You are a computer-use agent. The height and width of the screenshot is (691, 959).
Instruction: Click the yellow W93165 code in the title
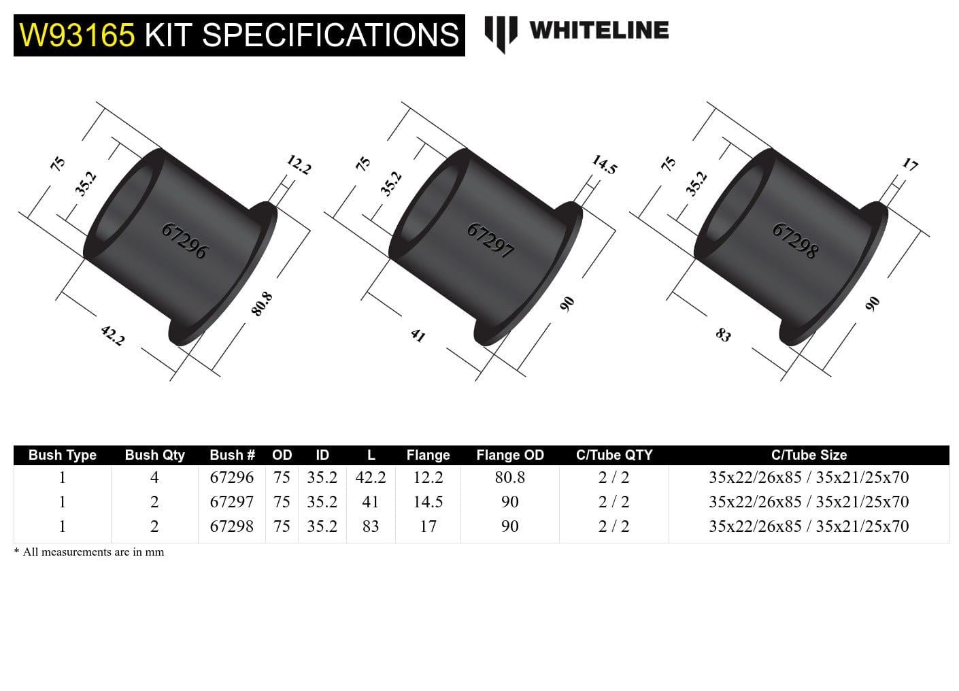click(x=77, y=35)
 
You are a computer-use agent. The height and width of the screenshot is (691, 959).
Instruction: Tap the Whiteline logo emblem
click(x=501, y=33)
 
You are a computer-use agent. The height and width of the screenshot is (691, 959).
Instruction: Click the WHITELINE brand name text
click(x=599, y=31)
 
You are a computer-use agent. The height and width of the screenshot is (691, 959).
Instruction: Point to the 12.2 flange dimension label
click(x=299, y=165)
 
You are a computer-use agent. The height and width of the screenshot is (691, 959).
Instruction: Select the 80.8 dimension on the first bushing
click(x=262, y=303)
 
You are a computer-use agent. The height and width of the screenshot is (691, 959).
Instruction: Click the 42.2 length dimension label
click(x=112, y=335)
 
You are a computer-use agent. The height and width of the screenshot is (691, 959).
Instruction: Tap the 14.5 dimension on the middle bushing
click(x=604, y=165)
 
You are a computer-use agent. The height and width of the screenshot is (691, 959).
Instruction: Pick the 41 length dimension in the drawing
click(x=418, y=335)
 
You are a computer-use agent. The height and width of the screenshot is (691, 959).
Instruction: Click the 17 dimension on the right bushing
click(x=909, y=165)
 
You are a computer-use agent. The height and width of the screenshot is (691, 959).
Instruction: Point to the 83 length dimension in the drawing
click(x=723, y=335)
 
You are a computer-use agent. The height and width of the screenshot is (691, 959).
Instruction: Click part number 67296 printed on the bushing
click(x=184, y=241)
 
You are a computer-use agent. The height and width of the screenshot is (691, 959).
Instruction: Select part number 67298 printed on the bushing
click(x=794, y=241)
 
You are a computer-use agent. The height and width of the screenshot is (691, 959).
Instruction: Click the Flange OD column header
click(x=509, y=455)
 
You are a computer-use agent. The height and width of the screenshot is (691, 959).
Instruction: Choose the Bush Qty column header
click(x=154, y=455)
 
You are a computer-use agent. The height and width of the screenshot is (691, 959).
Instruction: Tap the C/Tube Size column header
click(x=809, y=455)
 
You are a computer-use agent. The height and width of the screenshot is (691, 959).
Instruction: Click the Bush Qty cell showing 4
click(x=154, y=477)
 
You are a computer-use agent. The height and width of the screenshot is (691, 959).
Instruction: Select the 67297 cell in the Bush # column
click(x=231, y=502)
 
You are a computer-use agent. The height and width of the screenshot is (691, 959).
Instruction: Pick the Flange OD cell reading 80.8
click(x=509, y=477)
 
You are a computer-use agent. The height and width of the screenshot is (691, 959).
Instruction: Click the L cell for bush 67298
click(x=371, y=526)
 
